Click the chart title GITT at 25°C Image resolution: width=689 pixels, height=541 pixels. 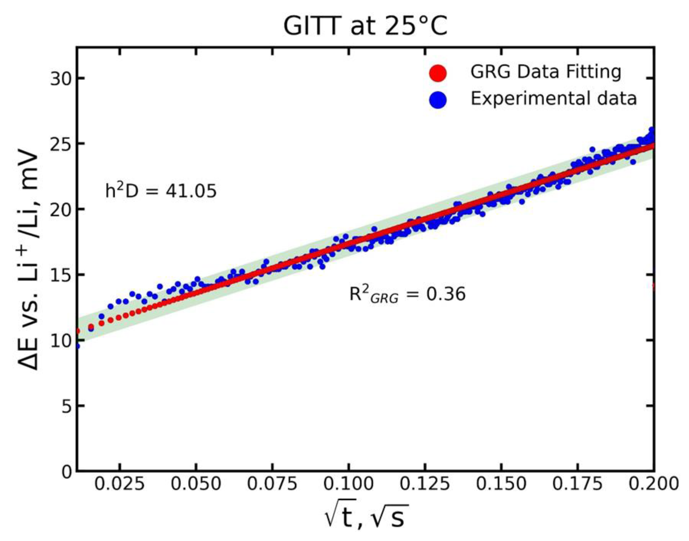tap(365, 26)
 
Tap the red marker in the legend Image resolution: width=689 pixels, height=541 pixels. tap(438, 73)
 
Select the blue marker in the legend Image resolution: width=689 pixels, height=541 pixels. tap(438, 100)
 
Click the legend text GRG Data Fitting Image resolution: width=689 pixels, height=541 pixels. tap(546, 72)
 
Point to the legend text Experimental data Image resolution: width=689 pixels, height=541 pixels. tap(553, 98)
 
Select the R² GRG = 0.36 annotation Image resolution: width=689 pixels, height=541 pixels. tap(407, 294)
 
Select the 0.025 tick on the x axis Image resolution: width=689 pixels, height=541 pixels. tap(120, 483)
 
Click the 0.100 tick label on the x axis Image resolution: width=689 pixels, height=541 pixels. tap(348, 483)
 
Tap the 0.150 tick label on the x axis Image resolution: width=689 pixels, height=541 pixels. tap(501, 483)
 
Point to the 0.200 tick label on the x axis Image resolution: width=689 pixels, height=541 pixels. tap(654, 483)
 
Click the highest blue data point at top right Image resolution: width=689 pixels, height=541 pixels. tap(652, 129)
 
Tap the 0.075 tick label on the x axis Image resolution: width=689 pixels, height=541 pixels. tap(272, 483)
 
